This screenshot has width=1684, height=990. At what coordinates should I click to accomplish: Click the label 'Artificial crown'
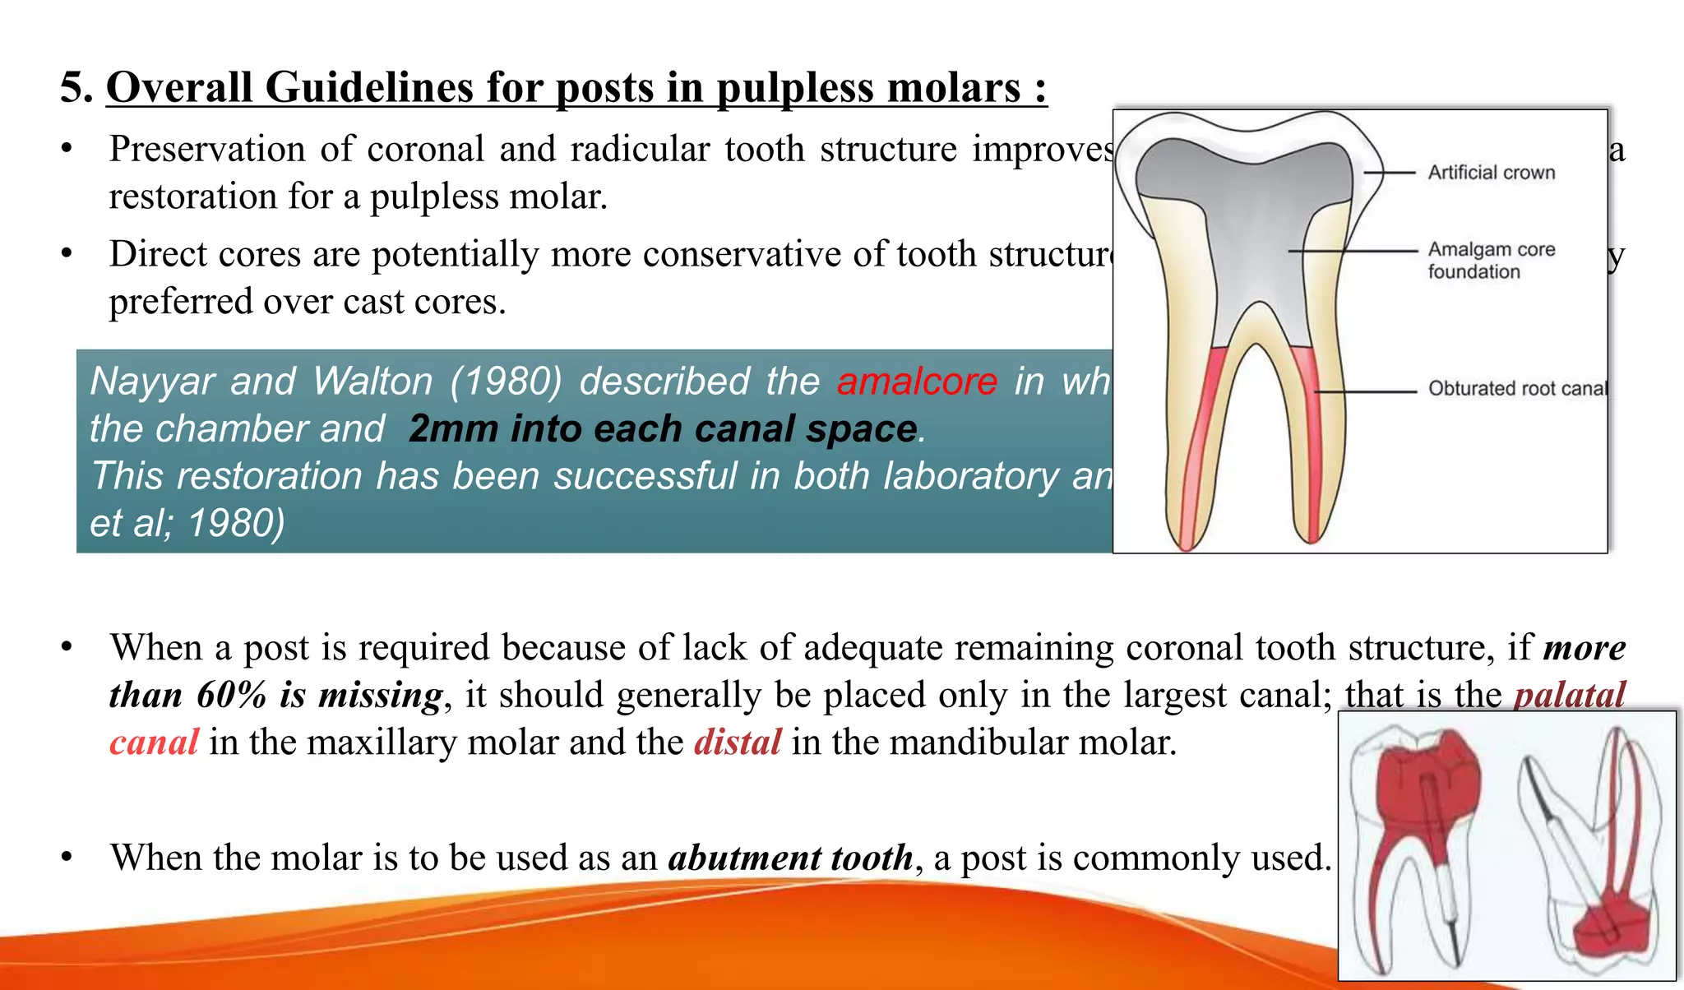click(1491, 173)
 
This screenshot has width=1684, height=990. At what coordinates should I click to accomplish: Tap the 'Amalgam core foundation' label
click(1491, 260)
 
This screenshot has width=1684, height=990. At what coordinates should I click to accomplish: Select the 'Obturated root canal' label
click(1517, 388)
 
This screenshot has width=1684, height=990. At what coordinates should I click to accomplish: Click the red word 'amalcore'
click(917, 382)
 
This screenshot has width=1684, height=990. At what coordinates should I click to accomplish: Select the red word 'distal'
click(738, 742)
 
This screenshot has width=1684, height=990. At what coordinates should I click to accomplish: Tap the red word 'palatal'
click(1570, 695)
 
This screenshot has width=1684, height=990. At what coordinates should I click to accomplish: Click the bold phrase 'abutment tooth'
click(790, 858)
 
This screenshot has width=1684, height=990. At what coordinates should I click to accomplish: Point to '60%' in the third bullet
click(232, 695)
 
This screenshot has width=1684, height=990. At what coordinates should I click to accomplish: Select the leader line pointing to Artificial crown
click(1389, 173)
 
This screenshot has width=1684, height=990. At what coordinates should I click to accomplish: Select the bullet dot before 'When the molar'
click(67, 858)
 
